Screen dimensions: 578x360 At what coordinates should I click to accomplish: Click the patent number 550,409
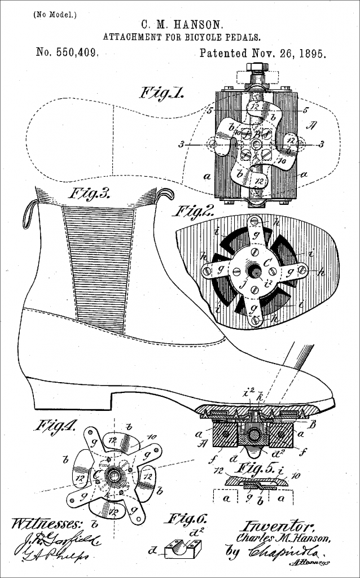[68, 54]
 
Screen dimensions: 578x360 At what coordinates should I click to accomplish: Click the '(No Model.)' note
[49, 14]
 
